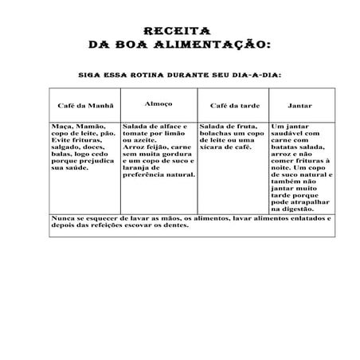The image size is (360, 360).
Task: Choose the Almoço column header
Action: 158,104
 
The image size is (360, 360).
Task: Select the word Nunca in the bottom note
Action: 62,217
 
